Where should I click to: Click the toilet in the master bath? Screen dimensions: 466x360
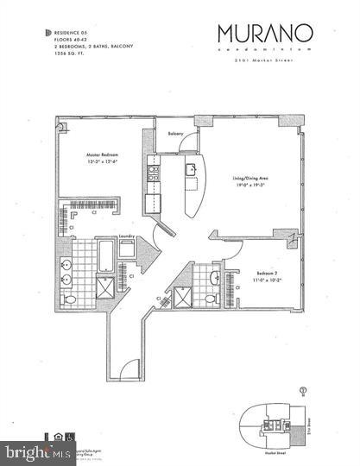tap(69, 299)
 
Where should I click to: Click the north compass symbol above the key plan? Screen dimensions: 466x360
tap(304, 389)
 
